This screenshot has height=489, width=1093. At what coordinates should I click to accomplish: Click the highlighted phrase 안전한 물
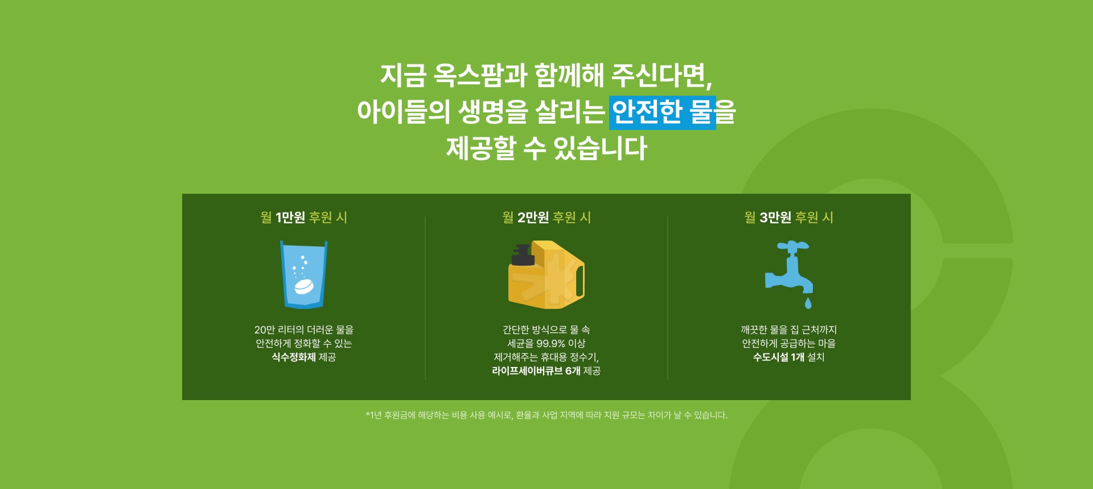coord(662,112)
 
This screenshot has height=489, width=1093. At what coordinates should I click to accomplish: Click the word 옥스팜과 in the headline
coord(480,75)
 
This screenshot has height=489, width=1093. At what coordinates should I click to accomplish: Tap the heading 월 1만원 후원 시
coord(304,217)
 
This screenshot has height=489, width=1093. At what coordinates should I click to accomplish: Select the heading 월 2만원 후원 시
coord(546,217)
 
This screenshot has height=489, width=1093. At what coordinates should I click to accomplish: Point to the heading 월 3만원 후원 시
coord(789,217)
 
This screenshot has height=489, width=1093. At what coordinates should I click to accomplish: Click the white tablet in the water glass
coord(304,287)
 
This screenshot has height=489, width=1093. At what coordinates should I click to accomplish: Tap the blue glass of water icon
coord(304,274)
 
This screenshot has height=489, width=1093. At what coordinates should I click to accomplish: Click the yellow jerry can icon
coord(546,275)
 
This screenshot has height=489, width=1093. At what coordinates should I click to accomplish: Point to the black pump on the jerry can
coord(523,255)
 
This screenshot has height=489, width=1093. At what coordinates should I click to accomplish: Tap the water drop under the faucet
coord(808,303)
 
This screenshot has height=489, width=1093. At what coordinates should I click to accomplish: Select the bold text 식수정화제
coord(294,357)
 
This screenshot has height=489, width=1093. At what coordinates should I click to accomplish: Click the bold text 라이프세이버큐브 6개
coord(536,371)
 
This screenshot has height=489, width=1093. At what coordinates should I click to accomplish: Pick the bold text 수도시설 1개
coord(779,357)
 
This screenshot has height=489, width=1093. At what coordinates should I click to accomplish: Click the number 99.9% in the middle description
coord(550,344)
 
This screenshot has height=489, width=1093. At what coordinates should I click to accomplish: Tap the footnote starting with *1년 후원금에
coord(546,415)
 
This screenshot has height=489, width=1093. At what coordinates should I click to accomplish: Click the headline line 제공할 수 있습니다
coord(546,148)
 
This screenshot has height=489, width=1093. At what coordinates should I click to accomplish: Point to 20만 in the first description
coord(265,330)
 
